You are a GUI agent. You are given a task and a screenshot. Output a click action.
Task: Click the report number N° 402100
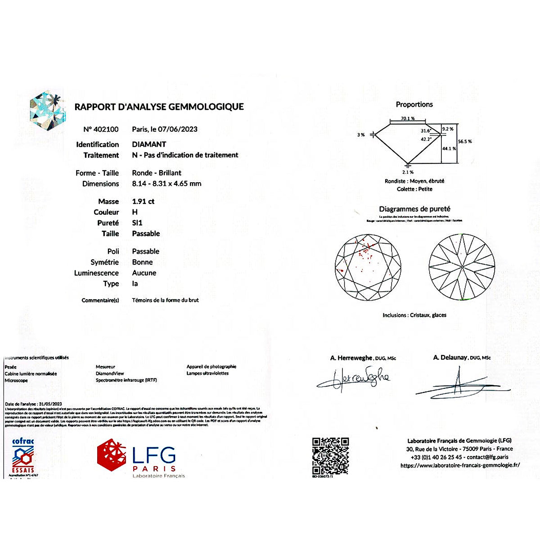tap(101, 130)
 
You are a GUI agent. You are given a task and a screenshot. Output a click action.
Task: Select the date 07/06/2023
tap(177, 130)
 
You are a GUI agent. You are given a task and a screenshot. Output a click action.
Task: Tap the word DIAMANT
tap(149, 144)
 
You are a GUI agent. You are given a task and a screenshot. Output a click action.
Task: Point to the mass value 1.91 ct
tap(143, 202)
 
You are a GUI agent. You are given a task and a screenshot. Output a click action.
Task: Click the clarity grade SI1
tap(137, 223)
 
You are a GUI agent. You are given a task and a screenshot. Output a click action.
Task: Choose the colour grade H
tap(135, 212)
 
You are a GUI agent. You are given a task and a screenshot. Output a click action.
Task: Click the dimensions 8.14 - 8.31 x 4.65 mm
tap(166, 184)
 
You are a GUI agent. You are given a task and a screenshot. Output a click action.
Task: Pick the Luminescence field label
tap(96, 273)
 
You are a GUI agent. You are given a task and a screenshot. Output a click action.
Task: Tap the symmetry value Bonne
tap(142, 262)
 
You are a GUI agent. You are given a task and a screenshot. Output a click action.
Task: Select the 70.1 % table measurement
tap(408, 119)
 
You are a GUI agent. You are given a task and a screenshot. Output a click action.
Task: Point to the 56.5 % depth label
tap(465, 142)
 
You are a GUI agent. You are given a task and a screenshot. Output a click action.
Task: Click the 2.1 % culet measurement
tap(408, 172)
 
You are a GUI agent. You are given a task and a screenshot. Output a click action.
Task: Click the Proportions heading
tap(414, 104)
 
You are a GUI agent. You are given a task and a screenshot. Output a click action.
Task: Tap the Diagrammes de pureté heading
tap(414, 209)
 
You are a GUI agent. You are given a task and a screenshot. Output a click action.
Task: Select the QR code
tap(330, 456)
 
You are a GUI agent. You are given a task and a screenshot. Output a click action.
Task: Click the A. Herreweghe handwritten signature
tap(353, 379)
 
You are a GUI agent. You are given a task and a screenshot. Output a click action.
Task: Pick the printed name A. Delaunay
tap(450, 358)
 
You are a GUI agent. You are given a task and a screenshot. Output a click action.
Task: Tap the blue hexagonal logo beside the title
tap(48, 113)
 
